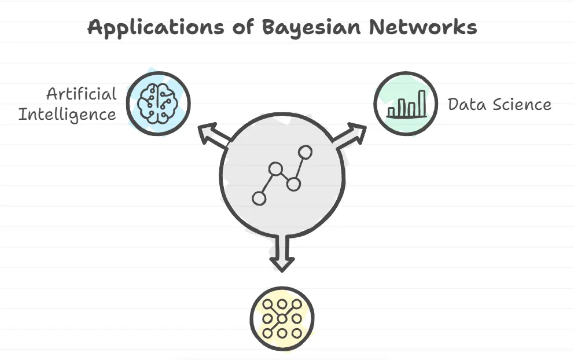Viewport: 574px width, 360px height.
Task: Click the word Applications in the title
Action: pos(156,28)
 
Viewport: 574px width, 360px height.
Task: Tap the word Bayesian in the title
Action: pos(311,27)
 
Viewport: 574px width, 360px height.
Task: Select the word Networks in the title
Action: pos(423,27)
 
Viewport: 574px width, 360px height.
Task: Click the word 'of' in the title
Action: pos(242,27)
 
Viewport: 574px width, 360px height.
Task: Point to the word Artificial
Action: pos(81,94)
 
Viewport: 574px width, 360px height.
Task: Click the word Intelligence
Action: pos(67,115)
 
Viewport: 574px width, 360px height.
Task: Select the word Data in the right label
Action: pos(467,104)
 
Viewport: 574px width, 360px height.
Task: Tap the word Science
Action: pos(522,104)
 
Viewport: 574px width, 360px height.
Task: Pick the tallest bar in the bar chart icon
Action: pos(422,103)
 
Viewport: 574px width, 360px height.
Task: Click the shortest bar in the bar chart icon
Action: pos(391,111)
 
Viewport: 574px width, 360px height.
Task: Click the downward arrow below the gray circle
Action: pos(282,254)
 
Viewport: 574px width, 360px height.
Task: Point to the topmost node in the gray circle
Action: pos(306,152)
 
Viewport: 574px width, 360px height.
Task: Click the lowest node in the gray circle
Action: pos(259,199)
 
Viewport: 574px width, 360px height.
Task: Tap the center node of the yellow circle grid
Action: pos(282,318)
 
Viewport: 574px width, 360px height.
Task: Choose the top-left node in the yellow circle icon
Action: pos(267,304)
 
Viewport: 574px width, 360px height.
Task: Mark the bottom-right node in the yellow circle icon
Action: pos(296,333)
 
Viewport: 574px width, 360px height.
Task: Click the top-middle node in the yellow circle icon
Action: pos(282,304)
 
